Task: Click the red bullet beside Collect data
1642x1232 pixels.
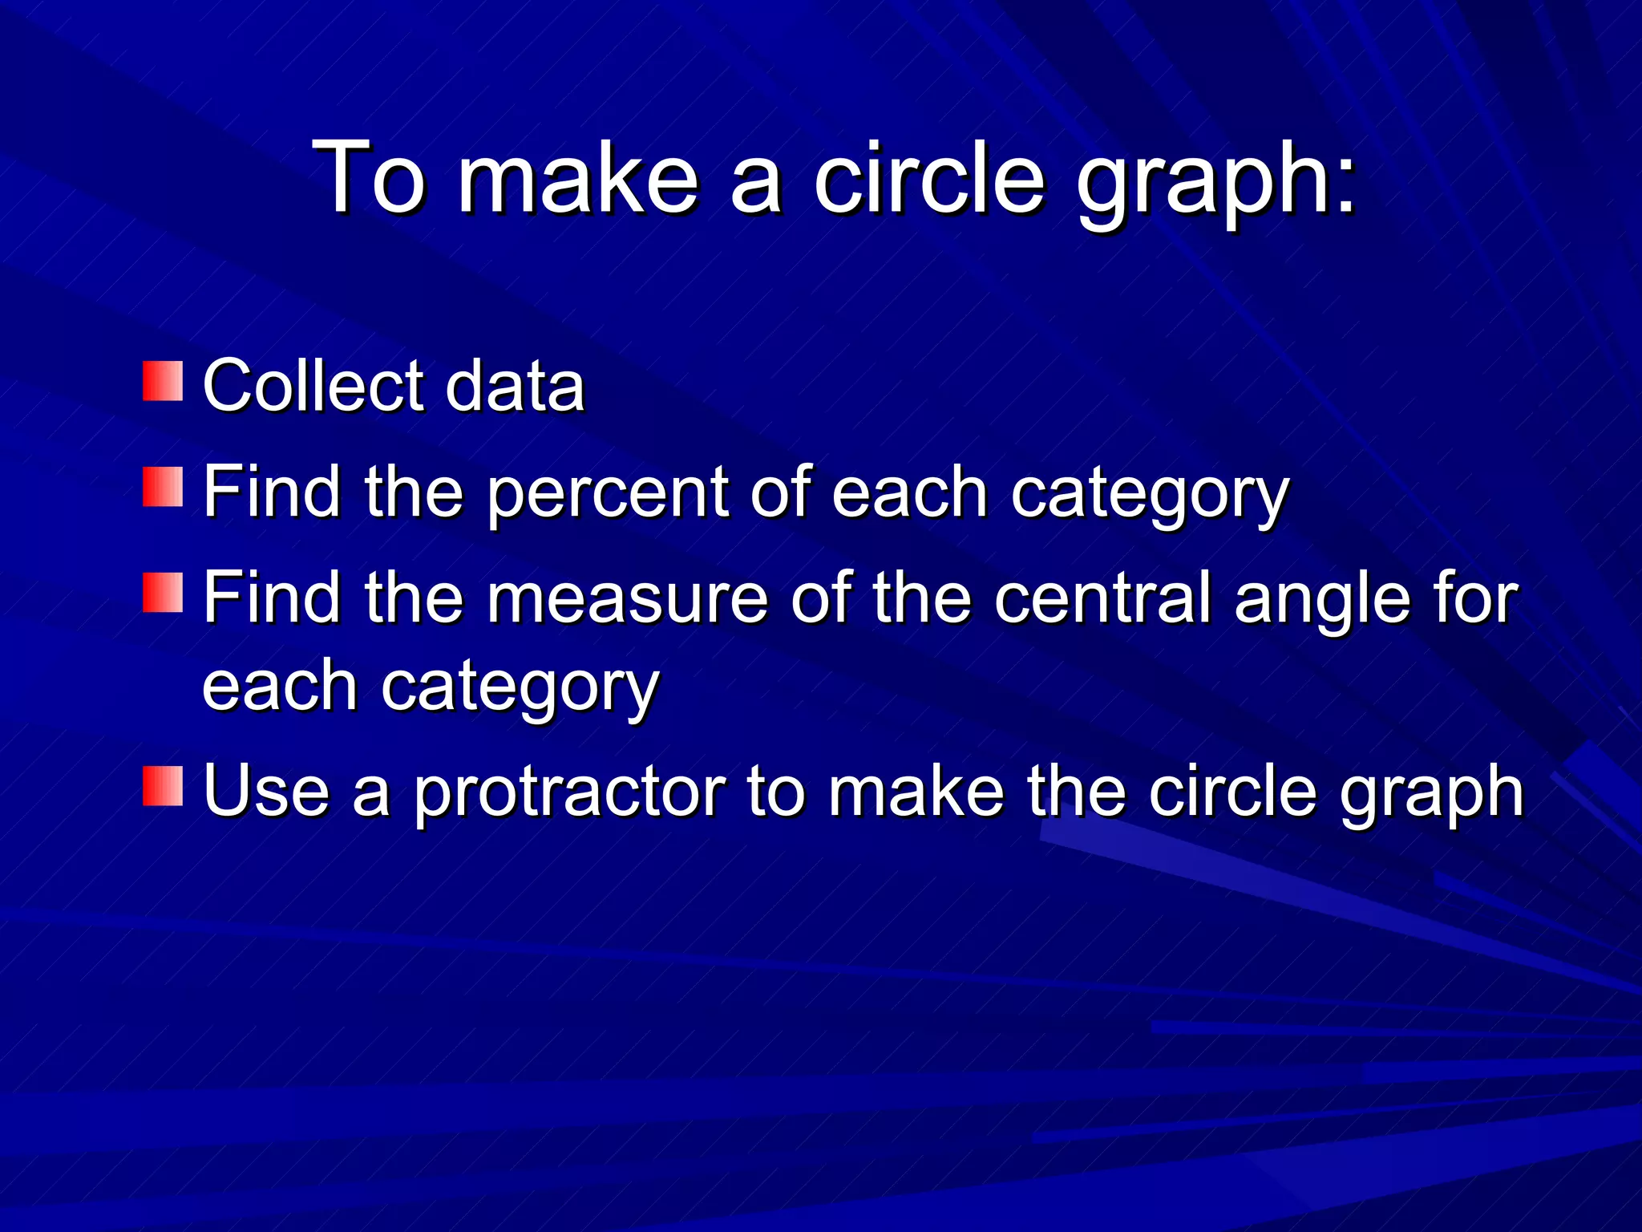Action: [163, 381]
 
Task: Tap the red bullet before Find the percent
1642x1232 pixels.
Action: [163, 487]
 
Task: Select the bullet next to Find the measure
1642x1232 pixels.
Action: [163, 593]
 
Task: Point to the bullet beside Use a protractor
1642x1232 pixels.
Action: [163, 785]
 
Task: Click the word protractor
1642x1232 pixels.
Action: [569, 792]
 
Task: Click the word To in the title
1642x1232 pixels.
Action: [369, 177]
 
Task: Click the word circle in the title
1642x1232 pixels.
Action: [929, 177]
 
